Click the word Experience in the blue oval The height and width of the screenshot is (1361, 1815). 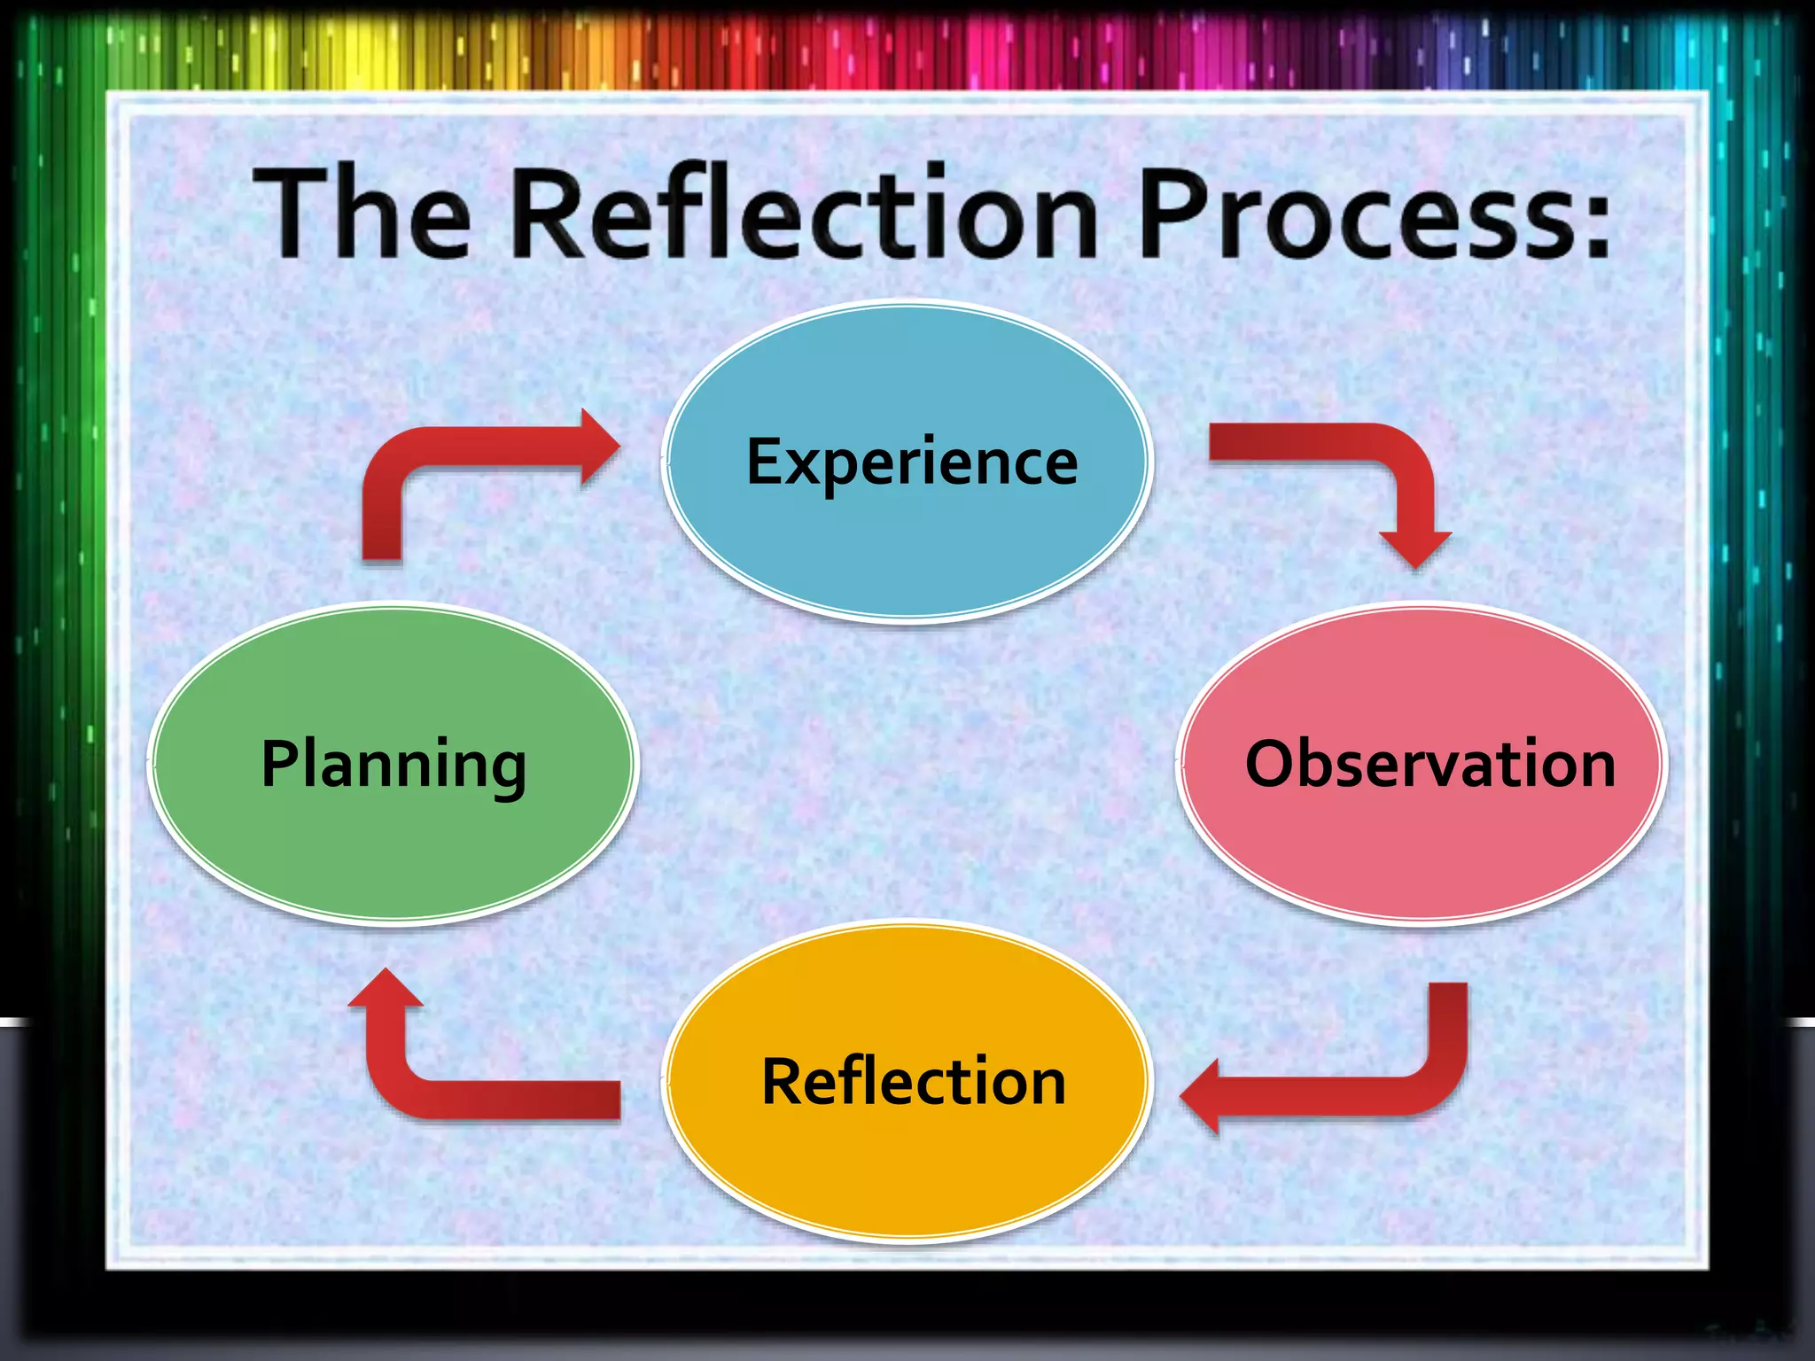point(912,463)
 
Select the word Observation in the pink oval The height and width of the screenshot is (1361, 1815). point(1429,764)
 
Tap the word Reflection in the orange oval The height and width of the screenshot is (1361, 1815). point(914,1082)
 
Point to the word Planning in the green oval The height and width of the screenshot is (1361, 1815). point(393,764)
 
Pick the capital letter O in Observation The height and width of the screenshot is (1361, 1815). point(1274,764)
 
